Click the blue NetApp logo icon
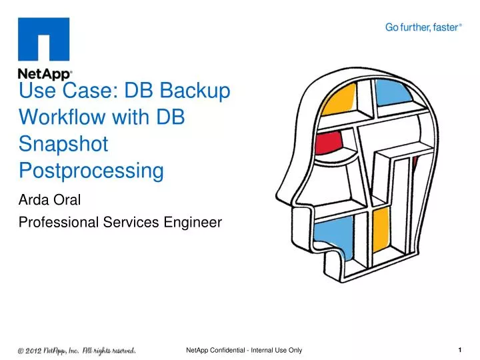click(x=44, y=40)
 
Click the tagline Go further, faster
click(x=424, y=27)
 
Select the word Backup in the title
click(x=195, y=91)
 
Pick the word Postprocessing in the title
click(x=91, y=171)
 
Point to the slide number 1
click(x=461, y=349)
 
